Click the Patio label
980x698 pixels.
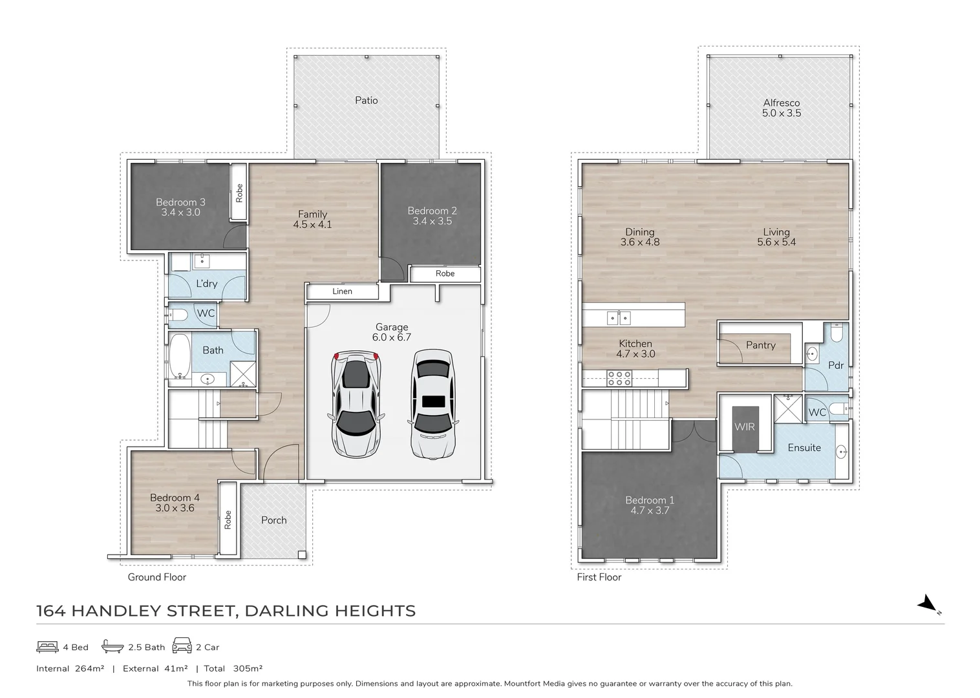coord(366,100)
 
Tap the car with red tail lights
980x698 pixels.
coord(355,404)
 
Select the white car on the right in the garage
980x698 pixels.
coord(433,404)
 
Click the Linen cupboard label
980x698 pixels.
coord(342,291)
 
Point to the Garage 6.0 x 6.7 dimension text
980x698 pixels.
coord(391,337)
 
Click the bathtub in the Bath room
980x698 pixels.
coord(180,356)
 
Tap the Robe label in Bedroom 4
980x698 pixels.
coord(228,520)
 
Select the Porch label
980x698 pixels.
coord(273,520)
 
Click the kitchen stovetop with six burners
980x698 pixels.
coord(619,378)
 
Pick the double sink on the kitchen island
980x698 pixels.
coord(619,317)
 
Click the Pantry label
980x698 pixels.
coord(760,345)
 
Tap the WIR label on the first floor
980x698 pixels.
coord(744,427)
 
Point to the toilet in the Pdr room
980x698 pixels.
coord(836,333)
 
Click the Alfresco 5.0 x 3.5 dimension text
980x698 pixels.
coord(781,113)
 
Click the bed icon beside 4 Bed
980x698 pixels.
coord(48,646)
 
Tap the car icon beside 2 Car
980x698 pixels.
coord(182,646)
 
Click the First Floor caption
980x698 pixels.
coord(599,577)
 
